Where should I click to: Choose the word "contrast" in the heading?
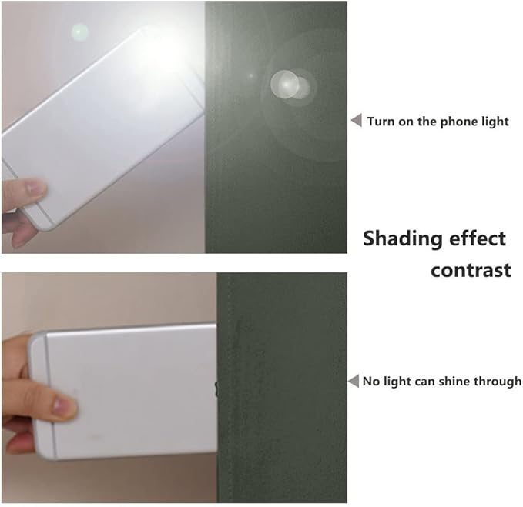pos(471,270)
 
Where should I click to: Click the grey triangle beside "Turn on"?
pos(357,120)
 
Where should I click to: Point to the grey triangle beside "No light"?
pos(354,381)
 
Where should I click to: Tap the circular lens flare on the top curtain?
pos(290,85)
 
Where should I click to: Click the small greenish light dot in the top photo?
pos(79,32)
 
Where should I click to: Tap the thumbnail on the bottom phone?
pos(63,405)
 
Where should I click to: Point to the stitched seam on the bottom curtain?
pos(231,386)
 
